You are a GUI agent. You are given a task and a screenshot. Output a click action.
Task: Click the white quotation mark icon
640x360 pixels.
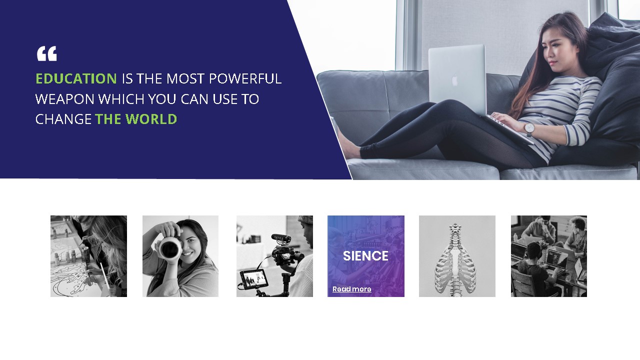[x=46, y=53]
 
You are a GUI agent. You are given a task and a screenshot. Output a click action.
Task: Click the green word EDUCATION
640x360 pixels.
[x=76, y=78]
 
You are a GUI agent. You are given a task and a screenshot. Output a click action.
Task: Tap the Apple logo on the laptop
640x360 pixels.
[x=455, y=80]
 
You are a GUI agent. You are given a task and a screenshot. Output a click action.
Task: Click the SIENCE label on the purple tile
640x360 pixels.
[x=365, y=256]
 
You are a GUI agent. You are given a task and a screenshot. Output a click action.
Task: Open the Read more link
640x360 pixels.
[x=351, y=289]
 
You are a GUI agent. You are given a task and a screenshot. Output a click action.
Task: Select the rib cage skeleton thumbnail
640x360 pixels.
[x=457, y=256]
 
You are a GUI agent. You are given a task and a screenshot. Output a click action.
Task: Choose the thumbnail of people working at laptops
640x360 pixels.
[x=548, y=256]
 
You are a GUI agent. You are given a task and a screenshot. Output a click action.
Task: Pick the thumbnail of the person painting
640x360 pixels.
[x=88, y=256]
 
